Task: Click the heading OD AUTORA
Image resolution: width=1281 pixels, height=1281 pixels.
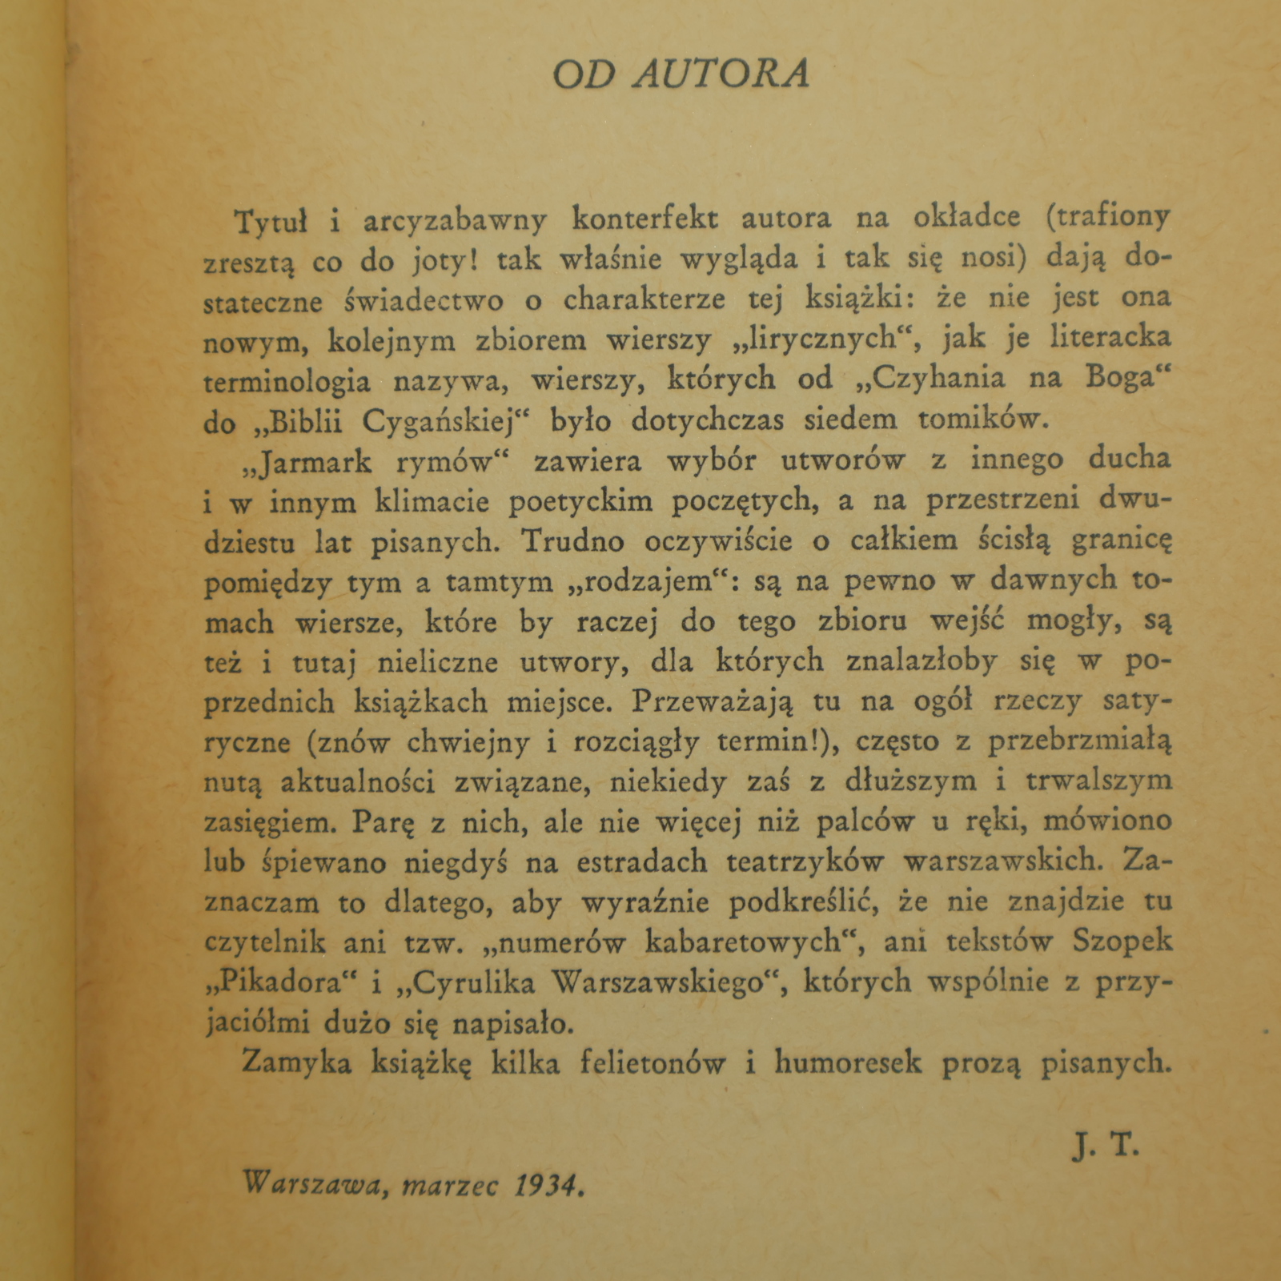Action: pos(681,74)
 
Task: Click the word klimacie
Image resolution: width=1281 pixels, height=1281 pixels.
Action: pos(433,503)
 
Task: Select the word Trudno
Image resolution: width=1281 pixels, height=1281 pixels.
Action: pos(572,541)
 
